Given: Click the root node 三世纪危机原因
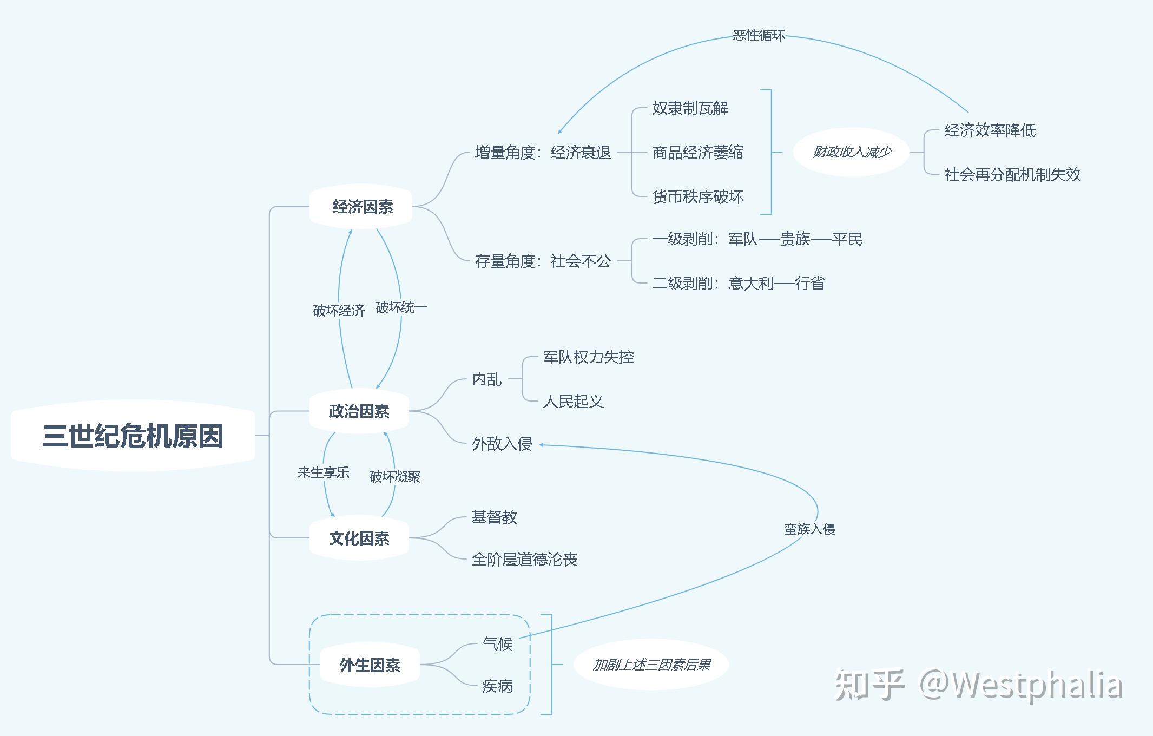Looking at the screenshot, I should (x=133, y=436).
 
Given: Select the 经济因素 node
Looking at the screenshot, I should (x=362, y=207).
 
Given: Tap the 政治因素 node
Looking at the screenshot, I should (x=359, y=411).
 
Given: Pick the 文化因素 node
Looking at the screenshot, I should (x=359, y=538).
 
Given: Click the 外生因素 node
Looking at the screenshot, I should (x=370, y=665).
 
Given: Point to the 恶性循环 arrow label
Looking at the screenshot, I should (x=758, y=36).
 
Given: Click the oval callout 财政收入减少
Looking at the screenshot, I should (x=852, y=152).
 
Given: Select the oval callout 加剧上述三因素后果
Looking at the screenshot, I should (x=651, y=665).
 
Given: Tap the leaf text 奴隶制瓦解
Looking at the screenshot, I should (x=690, y=108).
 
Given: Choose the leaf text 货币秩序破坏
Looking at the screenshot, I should (x=697, y=196).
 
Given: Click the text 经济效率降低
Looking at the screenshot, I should (x=990, y=130).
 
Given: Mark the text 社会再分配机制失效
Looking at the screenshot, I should (x=1012, y=174).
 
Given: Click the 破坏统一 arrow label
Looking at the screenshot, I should (x=401, y=308).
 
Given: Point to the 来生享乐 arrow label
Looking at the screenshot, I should (x=323, y=472).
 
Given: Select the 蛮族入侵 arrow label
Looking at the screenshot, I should (x=809, y=529).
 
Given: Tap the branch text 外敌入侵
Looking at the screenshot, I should (x=502, y=444).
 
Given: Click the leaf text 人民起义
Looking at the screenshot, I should (x=573, y=402).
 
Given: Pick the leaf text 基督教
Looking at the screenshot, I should (x=494, y=517).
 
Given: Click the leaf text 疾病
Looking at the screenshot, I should (x=497, y=686).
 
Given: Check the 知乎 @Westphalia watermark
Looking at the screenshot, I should (x=978, y=685).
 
